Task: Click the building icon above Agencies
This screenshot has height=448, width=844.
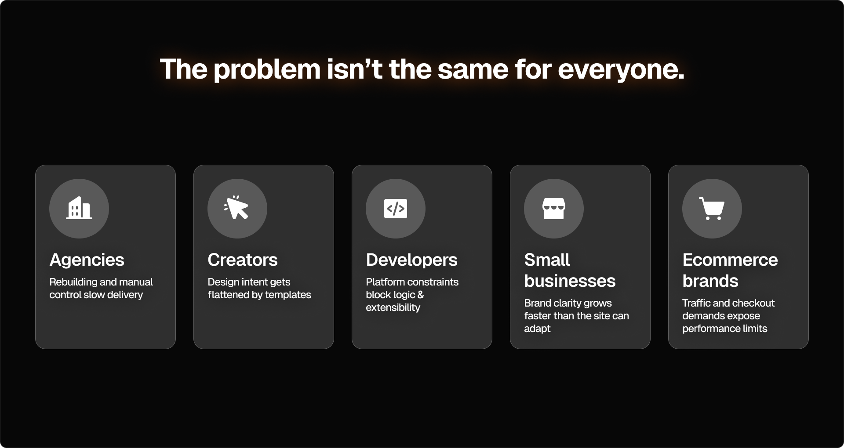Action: coord(79,208)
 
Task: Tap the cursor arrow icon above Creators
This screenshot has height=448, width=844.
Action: coord(237,208)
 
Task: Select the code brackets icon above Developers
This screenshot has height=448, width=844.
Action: coord(396,209)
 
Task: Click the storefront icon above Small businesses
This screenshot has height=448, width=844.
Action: coord(554,209)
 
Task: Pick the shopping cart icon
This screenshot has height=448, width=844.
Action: coord(712,209)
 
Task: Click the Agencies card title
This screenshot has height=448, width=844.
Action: coord(87,260)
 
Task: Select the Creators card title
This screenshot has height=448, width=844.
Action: coord(243,260)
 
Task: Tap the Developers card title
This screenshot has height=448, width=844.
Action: coord(412,260)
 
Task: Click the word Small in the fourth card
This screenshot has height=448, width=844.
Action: coord(547,260)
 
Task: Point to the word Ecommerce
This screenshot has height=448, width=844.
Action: coord(730,260)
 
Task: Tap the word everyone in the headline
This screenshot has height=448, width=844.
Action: coord(621,69)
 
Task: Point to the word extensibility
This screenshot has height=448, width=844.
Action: coord(393,307)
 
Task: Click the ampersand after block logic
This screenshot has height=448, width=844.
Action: coord(421,295)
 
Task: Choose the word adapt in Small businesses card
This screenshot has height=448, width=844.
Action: coord(537,329)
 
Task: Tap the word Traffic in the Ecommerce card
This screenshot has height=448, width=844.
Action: coord(696,303)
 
